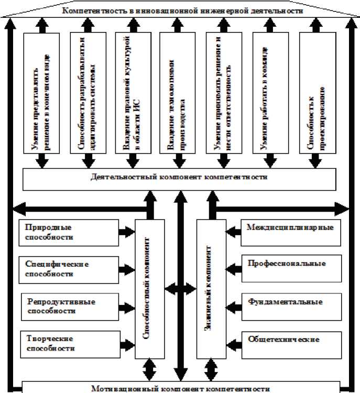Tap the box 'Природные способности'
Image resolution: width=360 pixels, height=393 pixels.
tap(68, 232)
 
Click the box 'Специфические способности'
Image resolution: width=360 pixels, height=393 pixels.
tap(68, 269)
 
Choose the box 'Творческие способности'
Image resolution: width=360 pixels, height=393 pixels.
tap(68, 343)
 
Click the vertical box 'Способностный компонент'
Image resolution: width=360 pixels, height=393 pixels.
tap(149, 289)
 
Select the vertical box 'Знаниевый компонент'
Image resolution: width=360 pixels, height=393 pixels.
tap(211, 289)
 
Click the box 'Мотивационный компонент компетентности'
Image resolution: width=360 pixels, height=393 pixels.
tap(180, 388)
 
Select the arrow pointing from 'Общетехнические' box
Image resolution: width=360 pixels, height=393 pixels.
tap(234, 340)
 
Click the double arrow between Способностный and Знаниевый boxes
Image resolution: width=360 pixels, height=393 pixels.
tap(180, 289)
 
